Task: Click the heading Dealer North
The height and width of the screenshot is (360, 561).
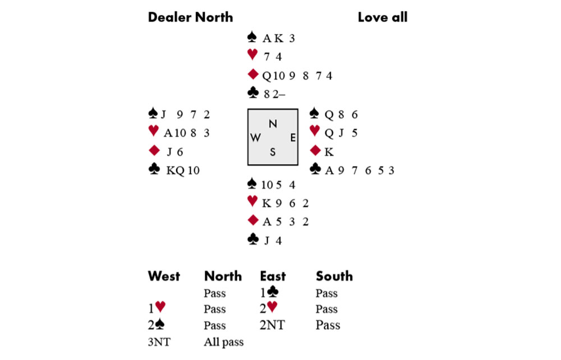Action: tap(190, 17)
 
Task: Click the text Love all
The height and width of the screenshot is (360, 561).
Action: tap(382, 17)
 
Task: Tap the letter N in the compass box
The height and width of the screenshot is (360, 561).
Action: tap(273, 124)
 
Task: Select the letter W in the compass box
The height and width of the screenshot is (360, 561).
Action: tap(255, 138)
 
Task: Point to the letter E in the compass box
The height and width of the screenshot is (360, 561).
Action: tap(292, 138)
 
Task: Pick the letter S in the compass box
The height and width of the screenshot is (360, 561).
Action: tap(273, 152)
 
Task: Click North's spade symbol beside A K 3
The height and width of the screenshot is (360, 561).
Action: tap(252, 38)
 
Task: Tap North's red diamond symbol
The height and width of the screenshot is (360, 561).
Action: tap(252, 75)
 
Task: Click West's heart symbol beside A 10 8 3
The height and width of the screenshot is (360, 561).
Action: tap(153, 132)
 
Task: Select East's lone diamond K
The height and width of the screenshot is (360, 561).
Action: tap(328, 151)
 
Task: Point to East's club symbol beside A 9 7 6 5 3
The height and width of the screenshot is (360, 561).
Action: tap(315, 169)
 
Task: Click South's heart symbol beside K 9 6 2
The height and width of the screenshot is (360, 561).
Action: tap(252, 202)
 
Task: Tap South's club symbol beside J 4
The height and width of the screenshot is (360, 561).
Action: tap(252, 239)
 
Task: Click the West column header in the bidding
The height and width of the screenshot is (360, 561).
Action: tap(164, 276)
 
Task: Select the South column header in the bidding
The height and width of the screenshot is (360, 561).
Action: tap(334, 276)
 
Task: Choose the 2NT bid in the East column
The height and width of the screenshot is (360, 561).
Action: tap(272, 325)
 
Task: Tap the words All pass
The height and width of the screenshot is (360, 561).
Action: tap(224, 341)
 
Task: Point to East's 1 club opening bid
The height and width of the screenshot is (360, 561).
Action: tap(270, 293)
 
